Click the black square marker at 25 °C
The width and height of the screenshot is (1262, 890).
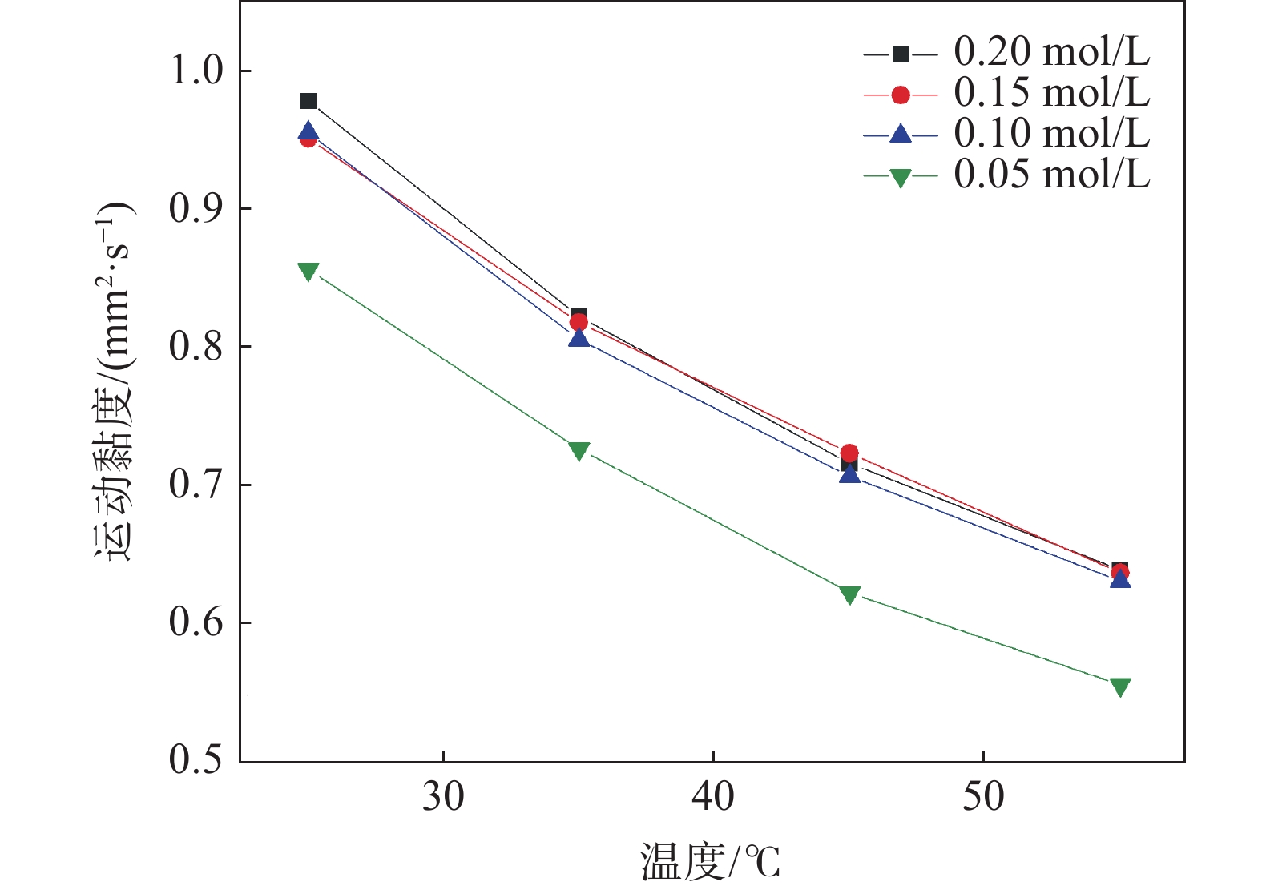[308, 101]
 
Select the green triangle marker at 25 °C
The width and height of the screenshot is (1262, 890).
[308, 272]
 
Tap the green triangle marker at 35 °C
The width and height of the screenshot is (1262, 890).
[579, 451]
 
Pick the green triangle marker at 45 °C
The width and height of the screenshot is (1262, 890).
[850, 594]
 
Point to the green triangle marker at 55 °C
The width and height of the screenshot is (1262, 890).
[1120, 687]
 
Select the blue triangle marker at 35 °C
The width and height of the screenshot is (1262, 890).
[579, 338]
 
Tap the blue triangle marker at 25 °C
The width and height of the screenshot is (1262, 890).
[308, 131]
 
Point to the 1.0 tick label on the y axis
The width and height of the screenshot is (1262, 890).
[196, 70]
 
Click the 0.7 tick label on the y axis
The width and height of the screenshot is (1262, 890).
[196, 485]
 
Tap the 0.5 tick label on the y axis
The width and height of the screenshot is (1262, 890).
[196, 761]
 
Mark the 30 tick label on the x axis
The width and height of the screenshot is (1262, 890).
[443, 797]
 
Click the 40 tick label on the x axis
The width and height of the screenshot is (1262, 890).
[713, 797]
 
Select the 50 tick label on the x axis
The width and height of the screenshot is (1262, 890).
[983, 797]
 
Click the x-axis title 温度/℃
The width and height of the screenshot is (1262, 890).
[710, 864]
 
